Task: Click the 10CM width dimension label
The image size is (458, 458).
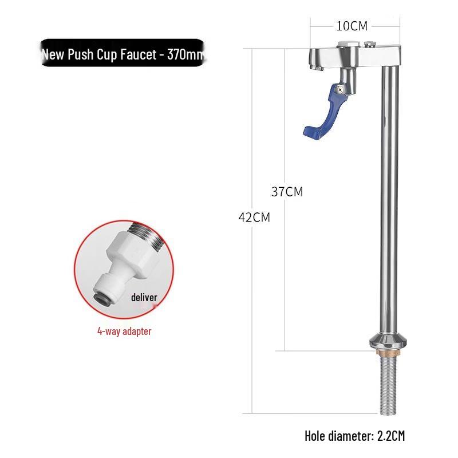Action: pyautogui.click(x=352, y=26)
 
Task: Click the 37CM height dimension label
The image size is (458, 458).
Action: pyautogui.click(x=287, y=192)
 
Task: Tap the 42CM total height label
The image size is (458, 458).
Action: pyautogui.click(x=254, y=218)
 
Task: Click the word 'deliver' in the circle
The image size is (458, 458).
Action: pyautogui.click(x=144, y=297)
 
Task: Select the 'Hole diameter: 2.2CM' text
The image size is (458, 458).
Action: pyautogui.click(x=354, y=436)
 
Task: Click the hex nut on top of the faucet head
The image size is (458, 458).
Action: pyautogui.click(x=347, y=44)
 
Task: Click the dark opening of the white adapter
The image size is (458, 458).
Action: pyautogui.click(x=101, y=297)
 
